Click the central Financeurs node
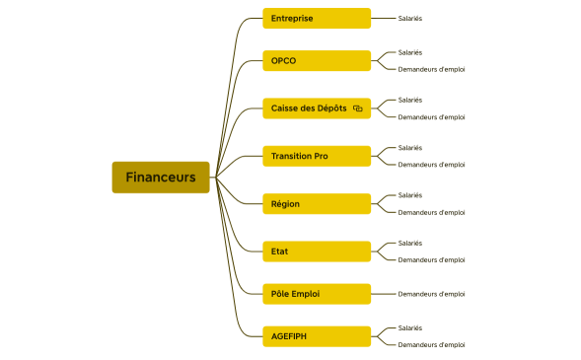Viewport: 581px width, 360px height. click(161, 178)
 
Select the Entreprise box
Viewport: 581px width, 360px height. click(316, 18)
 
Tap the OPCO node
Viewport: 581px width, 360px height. click(316, 60)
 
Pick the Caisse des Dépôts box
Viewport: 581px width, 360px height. click(316, 108)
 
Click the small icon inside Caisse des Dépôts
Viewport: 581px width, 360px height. click(358, 108)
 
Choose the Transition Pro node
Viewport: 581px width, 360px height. click(316, 156)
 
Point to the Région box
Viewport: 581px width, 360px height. click(316, 204)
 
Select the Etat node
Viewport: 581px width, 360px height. click(316, 252)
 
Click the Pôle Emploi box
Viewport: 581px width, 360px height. click(316, 294)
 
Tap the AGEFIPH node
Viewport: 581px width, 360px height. click(316, 336)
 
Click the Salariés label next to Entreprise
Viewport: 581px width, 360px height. click(410, 18)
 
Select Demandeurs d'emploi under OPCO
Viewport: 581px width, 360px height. click(431, 69)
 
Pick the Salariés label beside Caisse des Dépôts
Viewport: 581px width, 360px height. click(410, 100)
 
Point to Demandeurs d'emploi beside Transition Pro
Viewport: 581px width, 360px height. click(431, 165)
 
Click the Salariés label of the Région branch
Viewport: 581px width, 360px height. click(410, 195)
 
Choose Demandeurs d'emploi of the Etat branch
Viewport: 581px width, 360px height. click(431, 260)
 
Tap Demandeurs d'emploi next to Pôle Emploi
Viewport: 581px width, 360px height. click(431, 294)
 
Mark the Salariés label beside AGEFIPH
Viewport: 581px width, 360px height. click(410, 327)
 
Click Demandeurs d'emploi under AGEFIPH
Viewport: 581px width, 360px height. click(431, 345)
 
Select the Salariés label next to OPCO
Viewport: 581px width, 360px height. click(410, 52)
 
